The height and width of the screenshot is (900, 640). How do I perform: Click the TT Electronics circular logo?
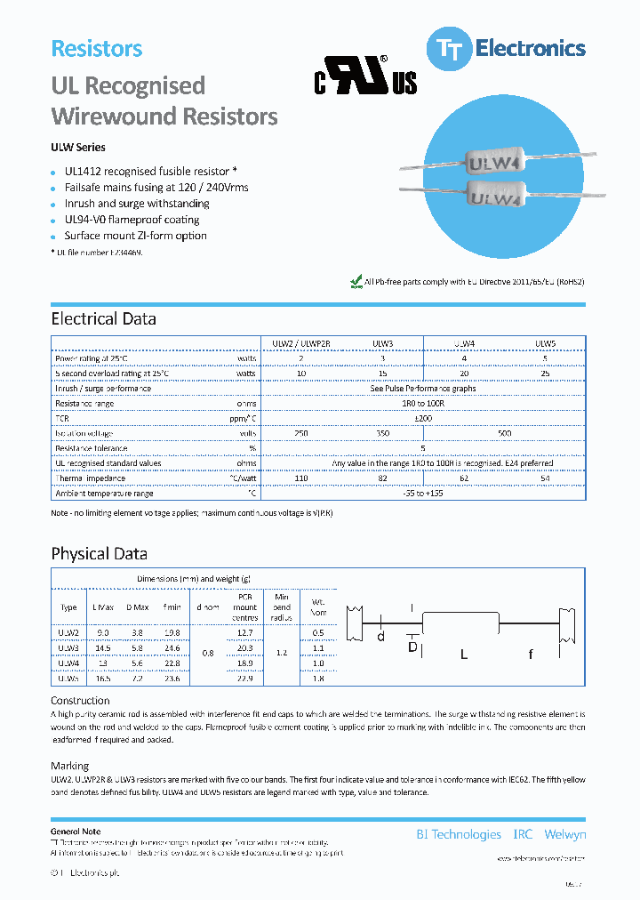pos(448,49)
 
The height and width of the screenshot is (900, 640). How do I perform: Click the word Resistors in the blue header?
pos(97,49)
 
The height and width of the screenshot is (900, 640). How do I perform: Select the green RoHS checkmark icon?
pos(356,282)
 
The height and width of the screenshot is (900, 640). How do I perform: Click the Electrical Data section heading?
pos(103,319)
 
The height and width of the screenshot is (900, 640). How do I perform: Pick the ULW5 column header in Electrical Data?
pos(546,343)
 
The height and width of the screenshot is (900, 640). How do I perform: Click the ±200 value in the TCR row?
pos(423,418)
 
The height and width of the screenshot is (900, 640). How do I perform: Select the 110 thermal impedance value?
pos(301,478)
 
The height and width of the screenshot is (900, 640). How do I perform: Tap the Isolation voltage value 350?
pos(383,433)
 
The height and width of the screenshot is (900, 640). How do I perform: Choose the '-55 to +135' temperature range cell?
pos(423,494)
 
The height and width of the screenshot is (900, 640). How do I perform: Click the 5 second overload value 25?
pos(546,374)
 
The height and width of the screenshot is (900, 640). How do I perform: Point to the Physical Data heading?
pos(99,554)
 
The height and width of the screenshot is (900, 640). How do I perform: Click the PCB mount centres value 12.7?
pos(246,632)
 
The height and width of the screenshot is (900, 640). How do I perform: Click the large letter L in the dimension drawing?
pos(463,655)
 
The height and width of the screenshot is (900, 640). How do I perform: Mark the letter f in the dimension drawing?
pos(531,655)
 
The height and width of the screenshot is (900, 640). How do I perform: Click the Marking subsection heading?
pos(69,766)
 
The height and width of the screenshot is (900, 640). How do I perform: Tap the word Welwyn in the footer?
pos(564,834)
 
